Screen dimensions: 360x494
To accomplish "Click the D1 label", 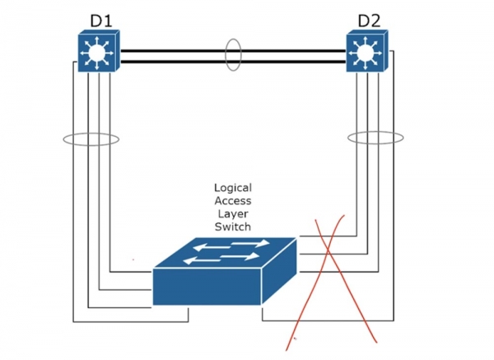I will (100, 19).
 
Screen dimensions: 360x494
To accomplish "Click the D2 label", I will (370, 19).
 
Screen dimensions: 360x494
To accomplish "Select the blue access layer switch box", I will (224, 272).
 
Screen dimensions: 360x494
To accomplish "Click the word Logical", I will (232, 188).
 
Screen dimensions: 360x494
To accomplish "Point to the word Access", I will (232, 200).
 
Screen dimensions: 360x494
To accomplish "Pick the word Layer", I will (232, 213).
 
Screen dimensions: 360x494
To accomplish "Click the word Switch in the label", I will (232, 226).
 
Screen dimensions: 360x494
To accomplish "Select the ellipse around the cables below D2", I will (375, 138).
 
